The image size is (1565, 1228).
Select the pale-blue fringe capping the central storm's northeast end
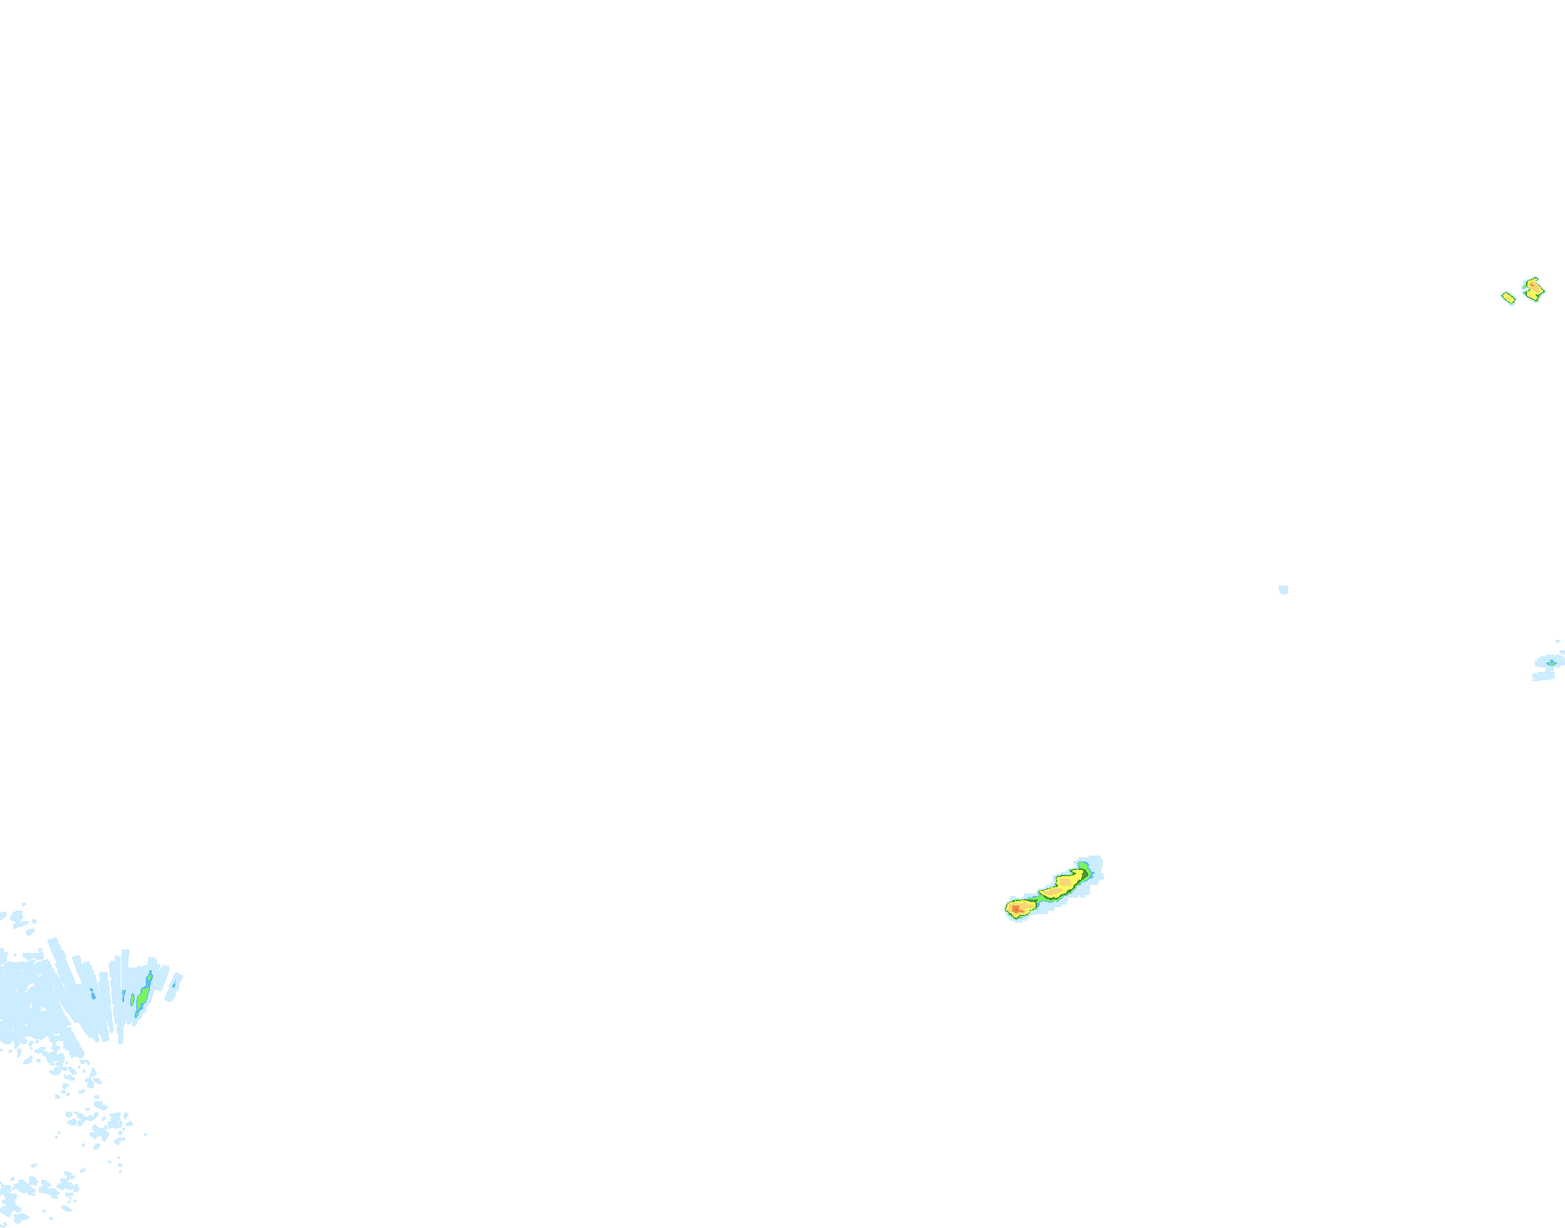click(1095, 861)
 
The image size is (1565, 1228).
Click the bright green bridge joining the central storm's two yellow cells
click(1040, 898)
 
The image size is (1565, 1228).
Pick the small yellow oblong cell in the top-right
click(1508, 298)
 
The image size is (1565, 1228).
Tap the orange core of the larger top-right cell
click(1533, 288)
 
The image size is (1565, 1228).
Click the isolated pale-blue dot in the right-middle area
click(1283, 590)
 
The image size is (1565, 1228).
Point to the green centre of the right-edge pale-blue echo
click(1550, 662)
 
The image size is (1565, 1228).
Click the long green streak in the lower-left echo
click(143, 998)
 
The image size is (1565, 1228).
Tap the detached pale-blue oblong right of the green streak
click(174, 987)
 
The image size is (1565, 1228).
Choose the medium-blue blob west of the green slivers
click(92, 994)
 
